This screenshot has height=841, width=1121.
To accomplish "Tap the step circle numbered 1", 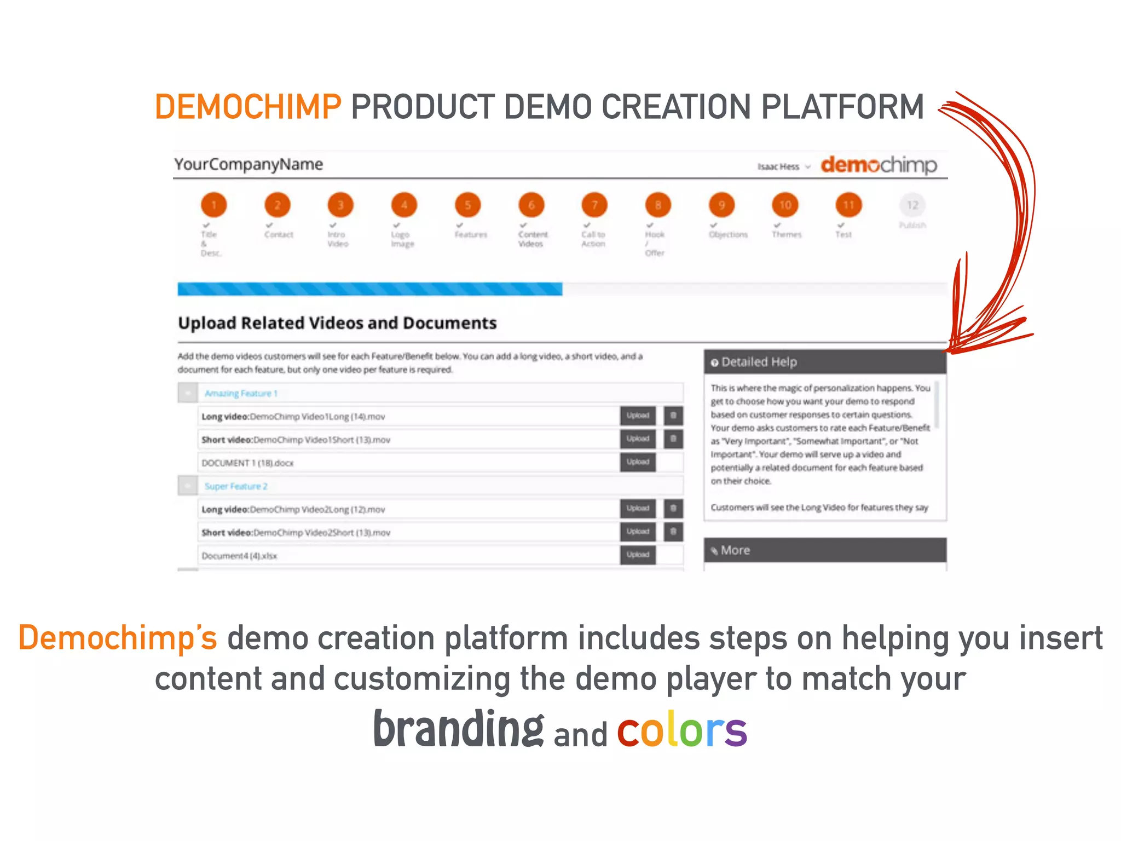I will pos(213,205).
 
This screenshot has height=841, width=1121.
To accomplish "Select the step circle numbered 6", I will pos(531,205).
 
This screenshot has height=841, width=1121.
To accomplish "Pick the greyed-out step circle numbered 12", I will pos(912,205).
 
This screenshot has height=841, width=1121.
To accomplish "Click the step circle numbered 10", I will pos(785,205).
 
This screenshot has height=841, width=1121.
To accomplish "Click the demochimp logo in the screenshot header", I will pos(879,165).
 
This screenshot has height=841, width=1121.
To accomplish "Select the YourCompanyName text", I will pos(249,164).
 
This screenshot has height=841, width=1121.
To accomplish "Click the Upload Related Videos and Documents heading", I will pos(337,323).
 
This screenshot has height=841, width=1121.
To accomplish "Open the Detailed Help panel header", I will pos(824,362).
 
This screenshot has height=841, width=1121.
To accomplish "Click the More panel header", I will pos(824,550).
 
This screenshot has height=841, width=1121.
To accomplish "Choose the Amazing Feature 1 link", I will pos(241,393).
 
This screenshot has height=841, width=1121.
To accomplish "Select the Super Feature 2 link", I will pos(236,486).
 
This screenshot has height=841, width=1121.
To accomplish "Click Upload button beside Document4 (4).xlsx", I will pos(638,555).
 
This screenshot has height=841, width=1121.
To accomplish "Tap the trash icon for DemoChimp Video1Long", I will pos(673,416).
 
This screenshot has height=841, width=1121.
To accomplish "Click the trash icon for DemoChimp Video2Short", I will pos(673,532).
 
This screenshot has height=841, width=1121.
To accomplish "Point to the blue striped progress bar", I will pos(369,289).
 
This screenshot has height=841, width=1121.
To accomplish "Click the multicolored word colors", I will pos(682,730).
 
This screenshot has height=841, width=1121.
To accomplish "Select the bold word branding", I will pos(459,729).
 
